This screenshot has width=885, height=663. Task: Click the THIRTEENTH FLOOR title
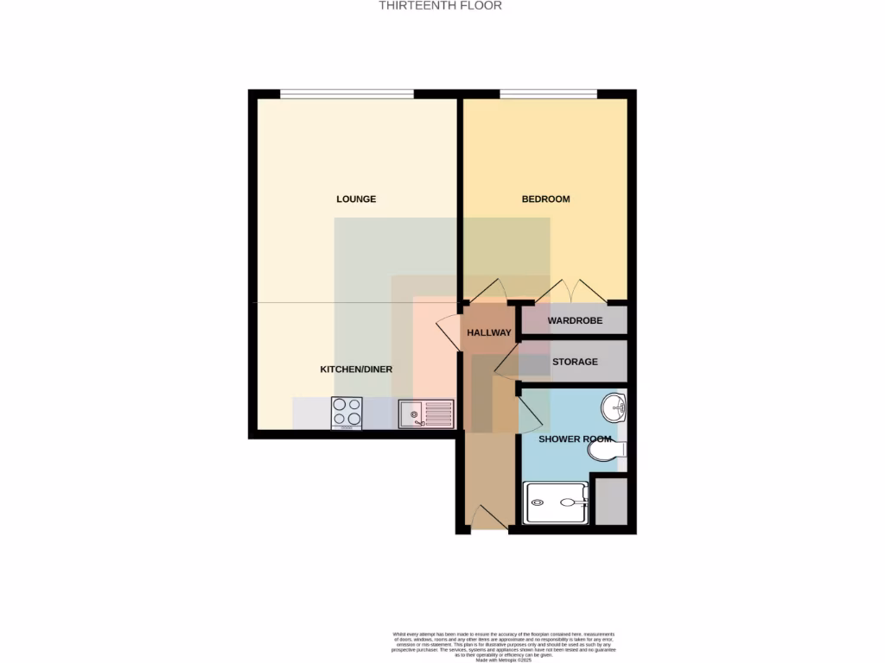click(441, 5)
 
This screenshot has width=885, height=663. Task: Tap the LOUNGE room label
click(356, 199)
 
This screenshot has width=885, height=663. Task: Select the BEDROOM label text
click(545, 199)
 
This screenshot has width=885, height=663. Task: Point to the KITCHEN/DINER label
click(356, 369)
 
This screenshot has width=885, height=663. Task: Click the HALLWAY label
click(489, 332)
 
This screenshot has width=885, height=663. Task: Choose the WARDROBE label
click(575, 321)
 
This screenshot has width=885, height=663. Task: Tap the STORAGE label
click(575, 362)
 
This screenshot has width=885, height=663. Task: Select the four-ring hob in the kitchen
click(347, 413)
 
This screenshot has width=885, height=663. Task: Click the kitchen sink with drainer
click(426, 414)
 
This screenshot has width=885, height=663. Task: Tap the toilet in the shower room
click(608, 449)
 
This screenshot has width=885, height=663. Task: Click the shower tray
click(557, 502)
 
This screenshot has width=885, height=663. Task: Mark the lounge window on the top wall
click(347, 93)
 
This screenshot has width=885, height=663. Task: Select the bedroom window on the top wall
click(548, 93)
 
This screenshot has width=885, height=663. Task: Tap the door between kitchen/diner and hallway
click(449, 331)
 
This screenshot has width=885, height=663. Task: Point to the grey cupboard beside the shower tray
click(611, 500)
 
